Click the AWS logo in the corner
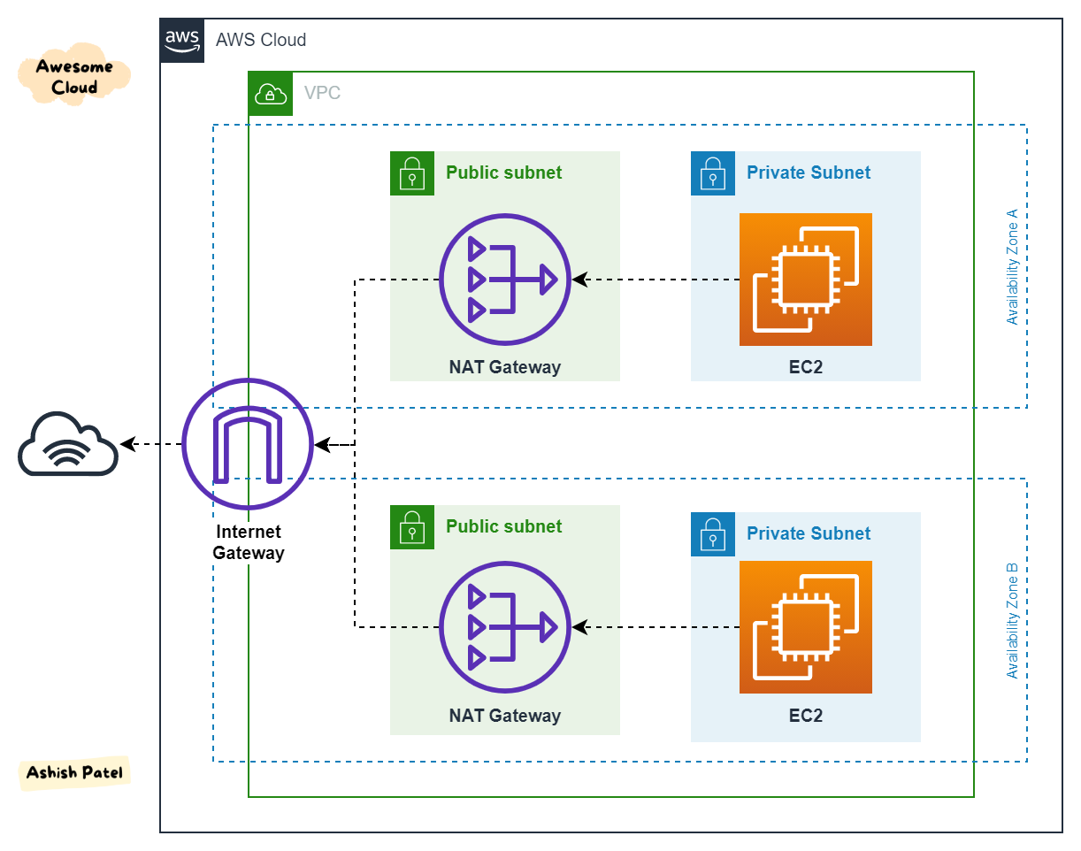pos(182,41)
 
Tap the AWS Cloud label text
pos(261,40)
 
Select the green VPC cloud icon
pos(270,94)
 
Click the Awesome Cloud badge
pos(74,77)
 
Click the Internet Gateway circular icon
pos(248,443)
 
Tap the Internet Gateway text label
pos(249,542)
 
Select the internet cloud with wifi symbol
pos(68,444)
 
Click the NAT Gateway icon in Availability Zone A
pos(505,280)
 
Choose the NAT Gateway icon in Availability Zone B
pos(505,627)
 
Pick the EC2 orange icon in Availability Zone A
pos(805,280)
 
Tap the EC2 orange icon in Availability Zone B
pos(805,627)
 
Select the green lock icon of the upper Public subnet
pos(412,173)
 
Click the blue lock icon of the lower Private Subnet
pos(713,534)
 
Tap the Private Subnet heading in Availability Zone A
pos(809,173)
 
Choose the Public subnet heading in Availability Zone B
pos(503,526)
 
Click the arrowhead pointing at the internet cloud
pos(127,444)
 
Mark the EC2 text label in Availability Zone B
pos(805,715)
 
